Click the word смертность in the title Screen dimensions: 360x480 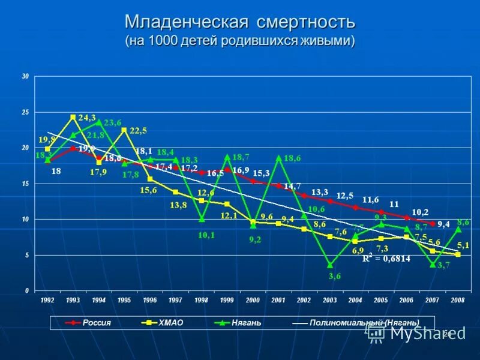coord(307,23)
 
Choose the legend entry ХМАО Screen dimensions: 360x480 coord(170,323)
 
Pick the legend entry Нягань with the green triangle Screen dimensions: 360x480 coord(247,323)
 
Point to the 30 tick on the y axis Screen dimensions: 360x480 coord(25,76)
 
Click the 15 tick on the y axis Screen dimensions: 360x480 coord(25,184)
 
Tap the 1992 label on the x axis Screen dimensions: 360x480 coord(47,299)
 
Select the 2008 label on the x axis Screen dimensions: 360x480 coord(457,299)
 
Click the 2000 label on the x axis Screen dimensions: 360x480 coord(253,299)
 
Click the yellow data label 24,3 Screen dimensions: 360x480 coord(87,118)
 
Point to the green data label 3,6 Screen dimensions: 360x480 coord(335,276)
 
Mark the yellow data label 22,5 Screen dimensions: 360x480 coord(139,130)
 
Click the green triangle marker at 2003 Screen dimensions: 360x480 coord(330,265)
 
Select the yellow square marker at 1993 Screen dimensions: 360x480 coord(73,117)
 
